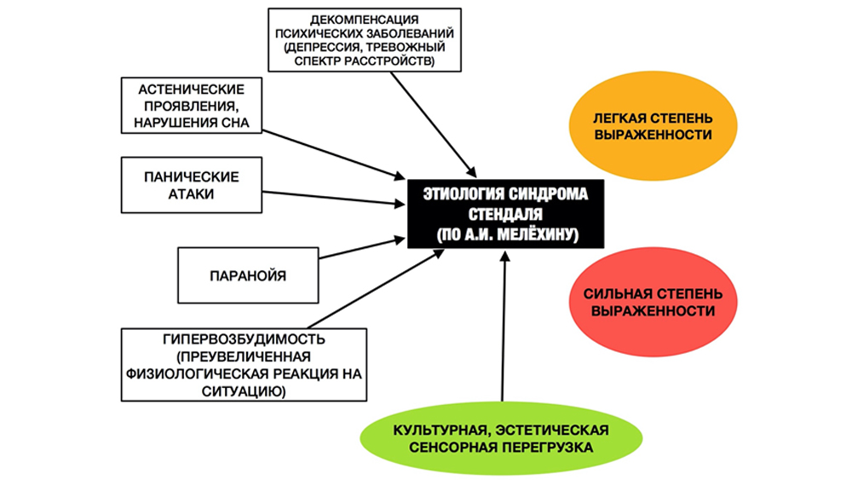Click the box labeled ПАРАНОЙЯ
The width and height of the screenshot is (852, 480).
[x=248, y=275]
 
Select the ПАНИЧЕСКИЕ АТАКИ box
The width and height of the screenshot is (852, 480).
[x=191, y=185]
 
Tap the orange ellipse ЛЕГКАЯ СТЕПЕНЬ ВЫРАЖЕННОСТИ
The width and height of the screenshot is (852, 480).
[x=653, y=126]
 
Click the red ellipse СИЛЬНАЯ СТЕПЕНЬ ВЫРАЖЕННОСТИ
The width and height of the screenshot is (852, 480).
[x=653, y=302]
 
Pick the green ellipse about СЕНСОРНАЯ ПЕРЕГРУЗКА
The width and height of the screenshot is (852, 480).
[x=501, y=438]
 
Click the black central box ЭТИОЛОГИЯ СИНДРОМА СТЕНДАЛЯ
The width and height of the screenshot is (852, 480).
[x=505, y=214]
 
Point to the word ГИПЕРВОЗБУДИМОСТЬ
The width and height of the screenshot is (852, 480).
[x=244, y=339]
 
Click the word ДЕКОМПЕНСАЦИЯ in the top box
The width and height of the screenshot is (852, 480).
[x=365, y=20]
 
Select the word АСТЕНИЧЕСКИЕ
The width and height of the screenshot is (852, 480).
[x=191, y=90]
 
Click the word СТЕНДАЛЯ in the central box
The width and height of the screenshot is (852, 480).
[x=505, y=214]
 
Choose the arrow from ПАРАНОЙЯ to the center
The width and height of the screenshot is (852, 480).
[x=362, y=248]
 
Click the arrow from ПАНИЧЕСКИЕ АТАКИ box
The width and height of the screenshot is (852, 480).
[x=334, y=198]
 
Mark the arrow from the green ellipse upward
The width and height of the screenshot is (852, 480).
[x=504, y=327]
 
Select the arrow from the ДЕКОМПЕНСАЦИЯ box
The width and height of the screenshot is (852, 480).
[x=434, y=124]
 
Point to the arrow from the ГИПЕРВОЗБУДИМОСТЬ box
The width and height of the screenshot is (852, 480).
[x=376, y=289]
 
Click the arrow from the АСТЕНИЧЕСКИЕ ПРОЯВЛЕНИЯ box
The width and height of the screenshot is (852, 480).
[x=334, y=154]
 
